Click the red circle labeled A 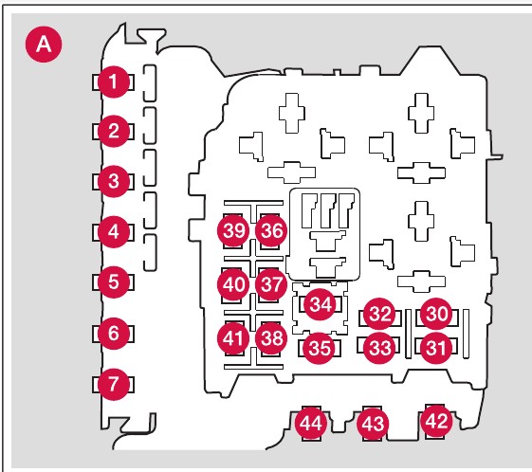tap(44, 45)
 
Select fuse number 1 tap(113, 82)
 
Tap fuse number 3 tap(113, 181)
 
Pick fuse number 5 tap(113, 282)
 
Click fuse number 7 tap(113, 384)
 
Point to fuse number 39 tap(233, 231)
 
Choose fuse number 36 tap(271, 231)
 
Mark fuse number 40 tap(233, 284)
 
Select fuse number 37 tap(271, 284)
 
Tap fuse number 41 tap(233, 338)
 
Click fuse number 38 tap(271, 338)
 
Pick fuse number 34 tap(320, 304)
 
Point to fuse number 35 tap(320, 348)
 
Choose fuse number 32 tap(379, 314)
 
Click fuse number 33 tap(379, 348)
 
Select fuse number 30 tap(436, 314)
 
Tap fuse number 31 tap(436, 348)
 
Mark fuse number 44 tap(311, 424)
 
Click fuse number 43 tap(373, 425)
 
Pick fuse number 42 tap(436, 422)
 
